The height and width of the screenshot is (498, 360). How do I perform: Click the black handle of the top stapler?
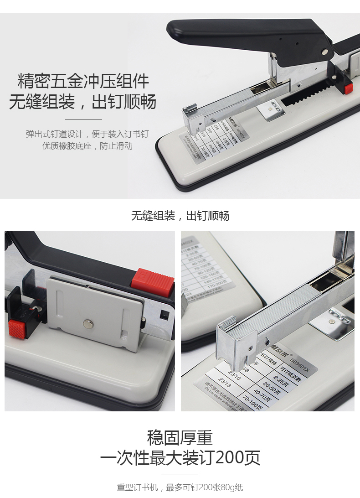point(237,32)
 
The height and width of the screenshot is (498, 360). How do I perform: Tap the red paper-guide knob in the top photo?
point(349,88)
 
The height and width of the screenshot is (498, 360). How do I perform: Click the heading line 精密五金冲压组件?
point(83,82)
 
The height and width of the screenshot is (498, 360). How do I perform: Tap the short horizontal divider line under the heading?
point(83,119)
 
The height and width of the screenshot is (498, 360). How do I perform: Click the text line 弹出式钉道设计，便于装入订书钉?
point(87,134)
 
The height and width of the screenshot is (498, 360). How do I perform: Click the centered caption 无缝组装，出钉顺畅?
point(180,216)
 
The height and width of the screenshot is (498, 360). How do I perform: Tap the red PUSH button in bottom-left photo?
point(153,280)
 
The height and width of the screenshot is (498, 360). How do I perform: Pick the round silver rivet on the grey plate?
point(87,324)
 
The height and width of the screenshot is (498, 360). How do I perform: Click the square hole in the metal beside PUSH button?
point(163,315)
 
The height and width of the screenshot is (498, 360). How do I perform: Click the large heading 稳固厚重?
point(180,438)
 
